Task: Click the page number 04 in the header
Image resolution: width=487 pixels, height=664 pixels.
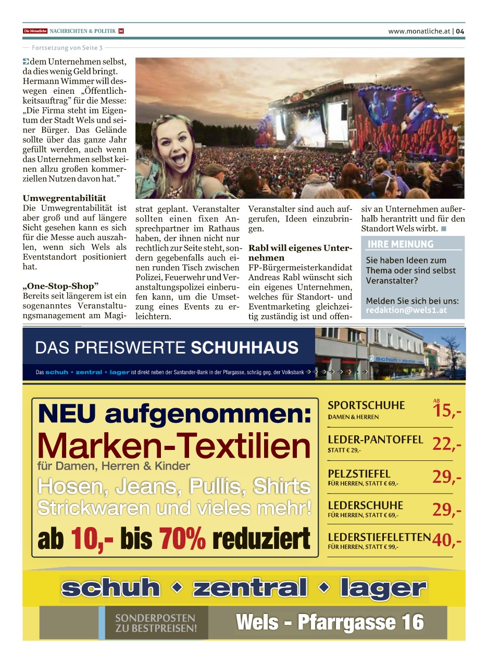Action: pyautogui.click(x=460, y=31)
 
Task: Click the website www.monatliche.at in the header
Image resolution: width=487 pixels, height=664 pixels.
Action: pyautogui.click(x=419, y=31)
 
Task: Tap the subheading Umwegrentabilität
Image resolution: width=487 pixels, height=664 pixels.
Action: pyautogui.click(x=65, y=198)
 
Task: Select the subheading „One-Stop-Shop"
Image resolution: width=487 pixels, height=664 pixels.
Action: pyautogui.click(x=60, y=286)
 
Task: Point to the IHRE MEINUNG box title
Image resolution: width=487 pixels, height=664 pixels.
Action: pyautogui.click(x=401, y=244)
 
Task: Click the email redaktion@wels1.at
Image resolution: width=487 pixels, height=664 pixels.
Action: pyautogui.click(x=406, y=310)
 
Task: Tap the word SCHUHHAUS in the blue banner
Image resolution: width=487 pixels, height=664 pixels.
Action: pyautogui.click(x=245, y=347)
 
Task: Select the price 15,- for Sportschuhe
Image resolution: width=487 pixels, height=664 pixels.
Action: pyautogui.click(x=446, y=411)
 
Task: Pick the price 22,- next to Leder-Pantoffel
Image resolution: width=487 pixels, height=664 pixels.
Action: pyautogui.click(x=446, y=444)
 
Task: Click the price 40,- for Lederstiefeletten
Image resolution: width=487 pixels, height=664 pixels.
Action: pyautogui.click(x=446, y=541)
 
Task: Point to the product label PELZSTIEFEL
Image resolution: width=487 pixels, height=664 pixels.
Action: pyautogui.click(x=359, y=474)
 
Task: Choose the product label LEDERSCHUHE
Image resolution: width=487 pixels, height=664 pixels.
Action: pyautogui.click(x=365, y=505)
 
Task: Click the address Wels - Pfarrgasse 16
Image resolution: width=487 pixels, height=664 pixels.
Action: pyautogui.click(x=330, y=622)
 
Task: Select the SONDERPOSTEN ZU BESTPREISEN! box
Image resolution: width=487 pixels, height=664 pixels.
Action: pyautogui.click(x=156, y=623)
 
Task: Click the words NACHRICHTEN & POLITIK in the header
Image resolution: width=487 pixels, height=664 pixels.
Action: pyautogui.click(x=82, y=31)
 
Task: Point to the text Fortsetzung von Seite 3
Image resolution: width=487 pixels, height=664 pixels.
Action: pyautogui.click(x=67, y=48)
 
